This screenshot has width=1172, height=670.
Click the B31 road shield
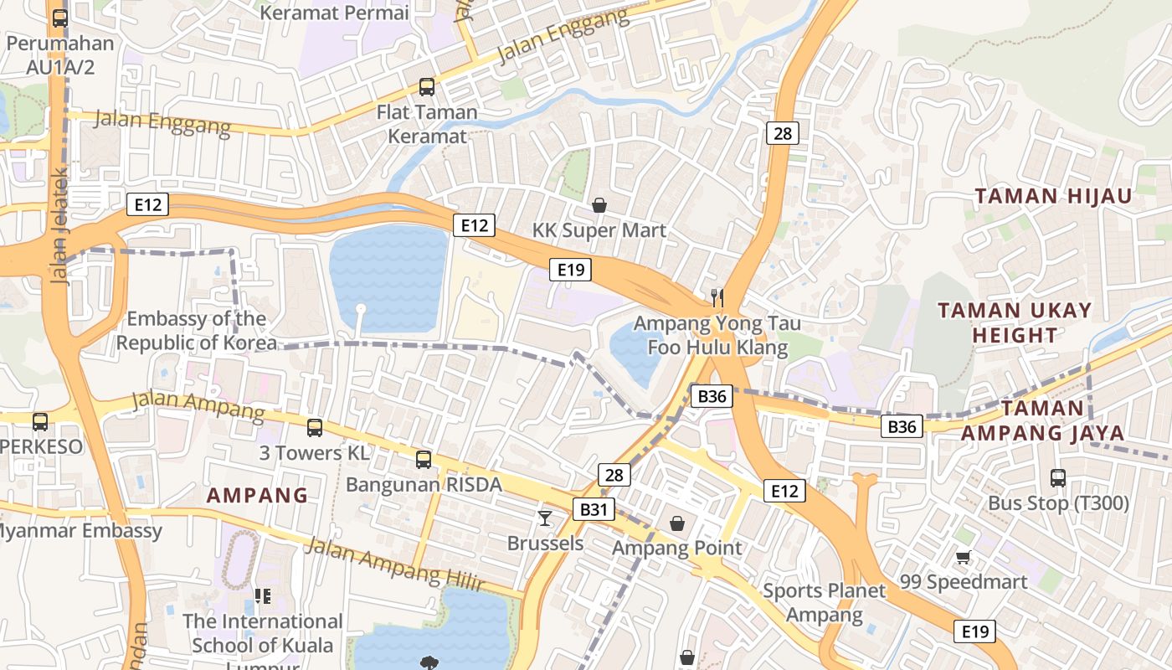pos(594,508)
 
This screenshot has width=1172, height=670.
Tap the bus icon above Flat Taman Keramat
pos(426,86)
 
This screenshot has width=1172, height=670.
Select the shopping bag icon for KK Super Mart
pos(599,204)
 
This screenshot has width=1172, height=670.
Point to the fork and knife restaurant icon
pos(717,296)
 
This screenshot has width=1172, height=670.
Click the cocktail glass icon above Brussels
pos(545,518)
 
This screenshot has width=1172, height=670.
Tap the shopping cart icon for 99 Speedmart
pos(963,557)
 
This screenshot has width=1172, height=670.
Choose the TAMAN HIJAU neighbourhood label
pos(1053,196)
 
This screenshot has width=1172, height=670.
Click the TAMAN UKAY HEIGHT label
pos(1014,322)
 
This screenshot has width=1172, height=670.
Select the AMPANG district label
pos(257,495)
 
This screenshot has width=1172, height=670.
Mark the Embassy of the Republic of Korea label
pos(196,331)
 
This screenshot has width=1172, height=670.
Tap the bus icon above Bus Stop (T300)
pos(1058,478)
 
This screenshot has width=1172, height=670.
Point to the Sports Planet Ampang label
pos(824,603)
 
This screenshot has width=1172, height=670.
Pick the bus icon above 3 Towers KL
pos(315,428)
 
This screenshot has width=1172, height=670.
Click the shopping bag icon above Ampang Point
pos(677,523)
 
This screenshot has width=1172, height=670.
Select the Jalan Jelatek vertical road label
pos(60,226)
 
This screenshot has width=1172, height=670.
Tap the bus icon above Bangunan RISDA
pos(424,459)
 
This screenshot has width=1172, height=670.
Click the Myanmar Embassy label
pos(80,530)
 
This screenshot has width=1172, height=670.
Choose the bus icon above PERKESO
pos(39,421)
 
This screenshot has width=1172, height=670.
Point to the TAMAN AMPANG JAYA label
pos(1042,420)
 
